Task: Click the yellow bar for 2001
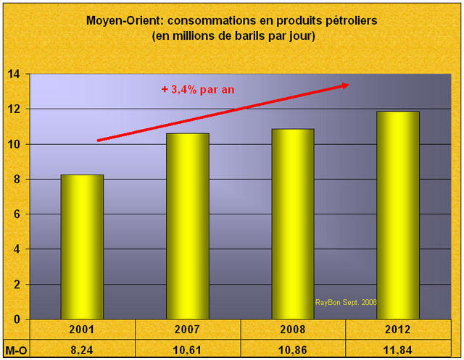coord(82,246)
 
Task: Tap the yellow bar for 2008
coord(293,224)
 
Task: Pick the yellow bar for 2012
coord(398,215)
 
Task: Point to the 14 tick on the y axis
coord(14,74)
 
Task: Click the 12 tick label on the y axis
coord(14,109)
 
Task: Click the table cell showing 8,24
coord(82,348)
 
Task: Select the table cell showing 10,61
coord(188,348)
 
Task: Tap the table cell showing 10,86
coord(293,348)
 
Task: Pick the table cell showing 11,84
coord(398,348)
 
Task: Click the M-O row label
coord(15,348)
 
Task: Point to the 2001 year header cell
coord(82,330)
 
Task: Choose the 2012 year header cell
coord(398,330)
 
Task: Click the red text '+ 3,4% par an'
coord(198,90)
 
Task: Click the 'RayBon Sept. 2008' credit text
coord(347,302)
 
